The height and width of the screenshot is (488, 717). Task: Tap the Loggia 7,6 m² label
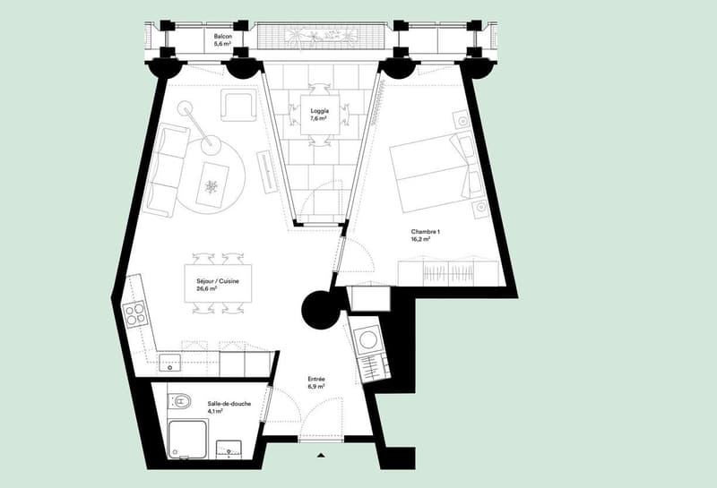(319, 115)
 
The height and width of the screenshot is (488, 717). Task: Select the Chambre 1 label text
(425, 232)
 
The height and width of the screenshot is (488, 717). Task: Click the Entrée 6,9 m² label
(316, 382)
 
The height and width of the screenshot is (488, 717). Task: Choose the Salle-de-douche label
(229, 404)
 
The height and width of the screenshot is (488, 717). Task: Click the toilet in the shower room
(180, 402)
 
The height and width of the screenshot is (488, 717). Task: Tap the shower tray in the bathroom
(187, 440)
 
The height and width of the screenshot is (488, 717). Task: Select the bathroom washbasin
(229, 449)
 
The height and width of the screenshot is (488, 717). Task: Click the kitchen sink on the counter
(169, 363)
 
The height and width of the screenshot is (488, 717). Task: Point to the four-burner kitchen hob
(135, 314)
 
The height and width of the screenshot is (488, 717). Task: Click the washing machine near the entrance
(367, 340)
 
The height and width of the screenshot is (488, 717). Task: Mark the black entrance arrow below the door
(321, 455)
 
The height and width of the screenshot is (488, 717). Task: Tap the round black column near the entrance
(321, 310)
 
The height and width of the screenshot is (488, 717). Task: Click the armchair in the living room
(238, 106)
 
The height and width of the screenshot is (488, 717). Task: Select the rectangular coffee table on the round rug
(212, 184)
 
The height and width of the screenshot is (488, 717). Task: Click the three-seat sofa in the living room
(167, 170)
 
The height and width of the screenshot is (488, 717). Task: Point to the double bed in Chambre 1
(432, 172)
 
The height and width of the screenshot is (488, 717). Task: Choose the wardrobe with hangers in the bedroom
(447, 273)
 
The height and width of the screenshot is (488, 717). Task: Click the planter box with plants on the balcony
(320, 36)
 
